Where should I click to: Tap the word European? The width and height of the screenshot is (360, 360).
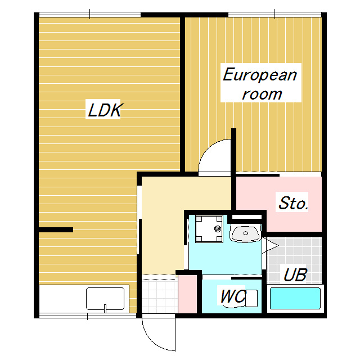click(x=260, y=75)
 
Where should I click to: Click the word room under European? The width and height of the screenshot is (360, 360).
click(x=262, y=94)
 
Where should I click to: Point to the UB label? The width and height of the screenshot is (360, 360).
click(x=295, y=274)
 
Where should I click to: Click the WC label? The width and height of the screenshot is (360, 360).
click(x=232, y=296)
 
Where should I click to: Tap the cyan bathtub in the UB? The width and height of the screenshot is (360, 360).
click(x=295, y=299)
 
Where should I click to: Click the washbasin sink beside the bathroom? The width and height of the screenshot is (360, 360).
click(x=246, y=233)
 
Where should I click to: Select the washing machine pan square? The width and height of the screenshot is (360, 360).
click(x=209, y=229)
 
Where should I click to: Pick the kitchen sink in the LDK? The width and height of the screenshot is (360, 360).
click(x=105, y=299)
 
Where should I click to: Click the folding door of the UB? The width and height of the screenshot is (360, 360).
click(x=270, y=245)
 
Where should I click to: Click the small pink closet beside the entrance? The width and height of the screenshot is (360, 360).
click(x=187, y=294)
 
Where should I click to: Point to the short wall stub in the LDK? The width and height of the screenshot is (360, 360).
click(x=56, y=229)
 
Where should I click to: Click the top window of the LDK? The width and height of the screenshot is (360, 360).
click(x=90, y=15)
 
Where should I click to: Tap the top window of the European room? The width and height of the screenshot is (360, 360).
click(x=274, y=15)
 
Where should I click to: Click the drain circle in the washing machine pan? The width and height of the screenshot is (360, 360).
click(x=218, y=229)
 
